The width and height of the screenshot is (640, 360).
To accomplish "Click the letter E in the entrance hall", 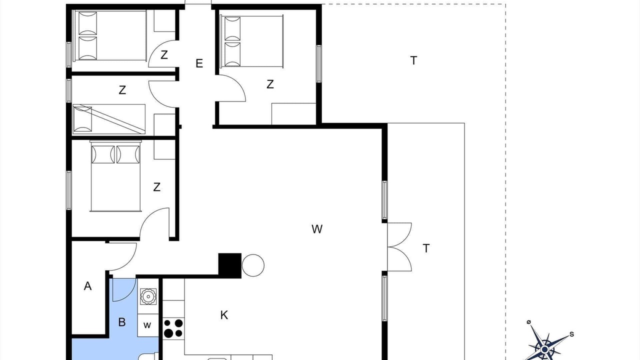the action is [x=199, y=63].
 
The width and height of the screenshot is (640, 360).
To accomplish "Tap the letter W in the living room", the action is [x=317, y=229].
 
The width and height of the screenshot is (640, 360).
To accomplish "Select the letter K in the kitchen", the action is [x=224, y=315].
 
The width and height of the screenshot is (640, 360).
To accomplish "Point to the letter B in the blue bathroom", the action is [x=122, y=322].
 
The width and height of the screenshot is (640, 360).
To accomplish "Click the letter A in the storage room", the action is [x=87, y=286].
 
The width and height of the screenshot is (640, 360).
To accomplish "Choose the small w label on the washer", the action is [x=147, y=325].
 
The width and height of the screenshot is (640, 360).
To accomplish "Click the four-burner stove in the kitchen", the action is [x=173, y=328].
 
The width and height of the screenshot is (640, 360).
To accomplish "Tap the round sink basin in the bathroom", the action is [x=148, y=296].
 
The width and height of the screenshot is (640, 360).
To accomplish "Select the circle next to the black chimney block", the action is [x=253, y=265].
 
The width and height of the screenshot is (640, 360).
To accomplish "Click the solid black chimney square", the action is [x=229, y=265].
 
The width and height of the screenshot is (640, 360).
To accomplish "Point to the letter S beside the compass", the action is [x=571, y=334].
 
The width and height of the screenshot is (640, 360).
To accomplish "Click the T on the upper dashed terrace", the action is [x=413, y=60].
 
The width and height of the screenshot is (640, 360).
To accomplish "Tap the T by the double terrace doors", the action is [x=426, y=248].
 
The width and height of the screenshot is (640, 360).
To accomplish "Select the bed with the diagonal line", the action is [x=109, y=119].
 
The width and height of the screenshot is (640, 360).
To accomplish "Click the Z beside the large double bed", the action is [x=157, y=187].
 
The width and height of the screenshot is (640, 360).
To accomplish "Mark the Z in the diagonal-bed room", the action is [x=122, y=90].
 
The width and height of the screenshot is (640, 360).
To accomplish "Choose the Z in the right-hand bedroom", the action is [x=270, y=84].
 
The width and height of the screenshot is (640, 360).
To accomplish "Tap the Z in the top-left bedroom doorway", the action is [x=164, y=55].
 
